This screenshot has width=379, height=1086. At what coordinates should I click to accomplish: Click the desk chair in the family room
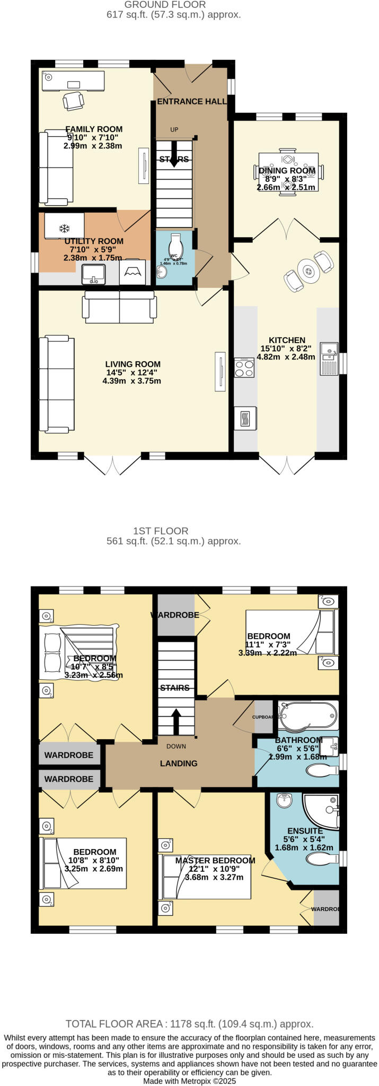click(73, 100)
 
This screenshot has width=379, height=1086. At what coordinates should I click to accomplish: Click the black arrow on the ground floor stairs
click(173, 156)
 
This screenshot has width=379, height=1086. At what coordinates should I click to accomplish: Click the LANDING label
click(179, 763)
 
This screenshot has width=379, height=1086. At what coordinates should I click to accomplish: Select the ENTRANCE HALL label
click(191, 101)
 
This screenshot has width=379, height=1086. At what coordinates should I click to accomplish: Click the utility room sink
click(94, 274)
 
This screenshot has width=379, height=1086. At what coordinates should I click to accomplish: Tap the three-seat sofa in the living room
click(57, 383)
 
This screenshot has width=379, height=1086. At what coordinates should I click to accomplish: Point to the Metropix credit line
click(189, 1081)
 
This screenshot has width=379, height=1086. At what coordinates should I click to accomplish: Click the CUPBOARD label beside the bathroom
click(263, 716)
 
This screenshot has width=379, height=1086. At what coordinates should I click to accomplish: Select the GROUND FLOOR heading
click(165, 5)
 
